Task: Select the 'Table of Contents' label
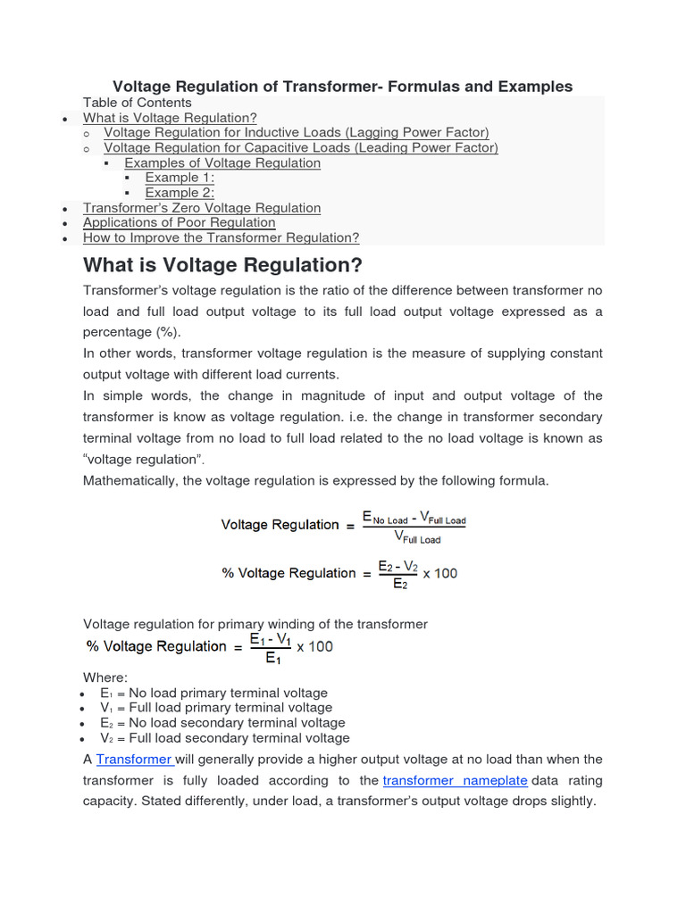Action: pos(137,103)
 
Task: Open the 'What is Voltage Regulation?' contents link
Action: pos(170,118)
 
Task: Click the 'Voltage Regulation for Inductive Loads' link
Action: pos(297,133)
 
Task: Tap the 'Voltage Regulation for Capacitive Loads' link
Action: pos(301,148)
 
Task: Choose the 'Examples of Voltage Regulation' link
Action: pos(222,163)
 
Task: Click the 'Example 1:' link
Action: pos(180,178)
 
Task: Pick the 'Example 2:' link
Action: pos(180,193)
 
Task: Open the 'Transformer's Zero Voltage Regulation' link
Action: pos(202,208)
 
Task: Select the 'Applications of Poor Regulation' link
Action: pos(179,223)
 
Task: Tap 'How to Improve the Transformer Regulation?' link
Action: pos(221,238)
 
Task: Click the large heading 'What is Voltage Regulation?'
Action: pos(222,266)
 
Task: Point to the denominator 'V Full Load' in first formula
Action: pos(417,538)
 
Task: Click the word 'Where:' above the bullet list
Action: pos(105,677)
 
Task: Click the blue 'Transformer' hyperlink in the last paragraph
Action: pos(134,760)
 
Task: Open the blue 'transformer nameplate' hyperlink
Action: pos(456,781)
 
